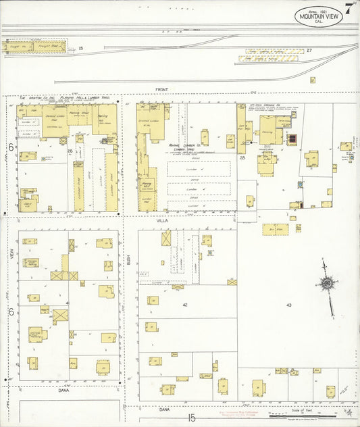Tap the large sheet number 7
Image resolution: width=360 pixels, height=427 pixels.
point(348,9)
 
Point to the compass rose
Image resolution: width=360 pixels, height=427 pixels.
point(327,283)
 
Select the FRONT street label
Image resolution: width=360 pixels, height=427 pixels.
point(161,89)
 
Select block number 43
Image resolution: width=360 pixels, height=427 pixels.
point(288,305)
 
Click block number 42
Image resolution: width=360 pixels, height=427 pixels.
point(184,305)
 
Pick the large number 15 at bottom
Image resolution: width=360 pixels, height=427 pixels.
point(192,418)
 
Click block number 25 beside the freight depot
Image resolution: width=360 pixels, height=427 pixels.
point(80,48)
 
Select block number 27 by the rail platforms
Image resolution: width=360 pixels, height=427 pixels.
point(309,51)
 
